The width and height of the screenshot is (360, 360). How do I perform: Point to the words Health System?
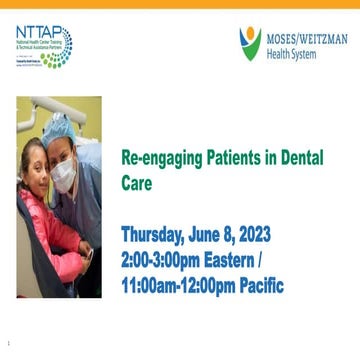(291, 54)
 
